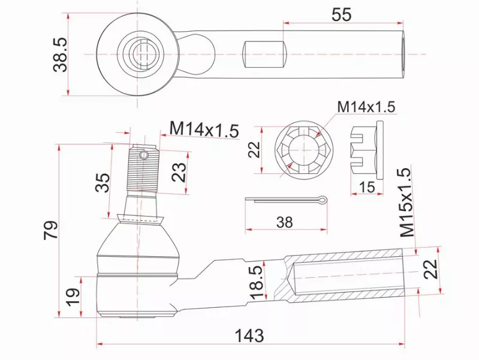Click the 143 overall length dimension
pyautogui.click(x=249, y=335)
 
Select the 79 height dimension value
pyautogui.click(x=51, y=230)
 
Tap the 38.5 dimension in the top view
pyautogui.click(x=60, y=55)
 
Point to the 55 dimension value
pyautogui.click(x=341, y=14)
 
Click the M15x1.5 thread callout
pyautogui.click(x=408, y=202)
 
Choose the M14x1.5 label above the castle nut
pyautogui.click(x=366, y=107)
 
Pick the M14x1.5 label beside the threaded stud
pyautogui.click(x=204, y=130)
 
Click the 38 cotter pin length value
pyautogui.click(x=284, y=223)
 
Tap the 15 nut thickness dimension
pyautogui.click(x=367, y=187)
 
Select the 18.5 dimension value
pyautogui.click(x=257, y=282)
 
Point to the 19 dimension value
pyautogui.click(x=73, y=297)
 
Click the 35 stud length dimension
pyautogui.click(x=103, y=182)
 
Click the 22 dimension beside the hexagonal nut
pyautogui.click(x=254, y=149)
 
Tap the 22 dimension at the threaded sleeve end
pyautogui.click(x=430, y=269)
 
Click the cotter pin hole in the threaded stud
pyautogui.click(x=144, y=155)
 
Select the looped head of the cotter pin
pyautogui.click(x=322, y=200)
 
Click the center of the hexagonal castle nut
pyautogui.click(x=304, y=150)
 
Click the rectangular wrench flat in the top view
pyautogui.click(x=265, y=55)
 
